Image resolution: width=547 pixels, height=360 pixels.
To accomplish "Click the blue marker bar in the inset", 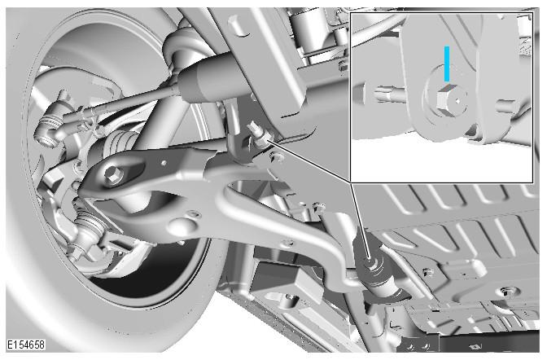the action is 447,64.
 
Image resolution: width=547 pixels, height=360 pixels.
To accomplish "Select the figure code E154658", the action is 26,345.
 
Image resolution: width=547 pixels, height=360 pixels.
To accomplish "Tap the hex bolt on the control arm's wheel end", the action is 113,173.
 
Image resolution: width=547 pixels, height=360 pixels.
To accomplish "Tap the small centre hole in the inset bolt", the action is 457,101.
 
